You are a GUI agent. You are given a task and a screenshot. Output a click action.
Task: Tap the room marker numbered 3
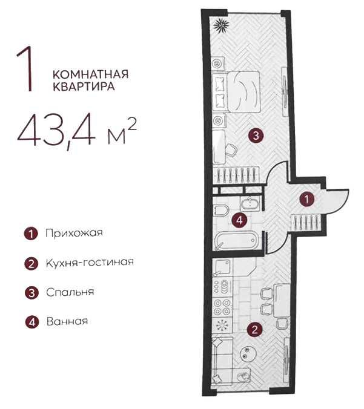[257, 136]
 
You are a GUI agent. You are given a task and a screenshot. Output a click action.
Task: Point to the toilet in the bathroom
[222, 211]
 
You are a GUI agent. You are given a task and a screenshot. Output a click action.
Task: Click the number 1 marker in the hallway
[308, 198]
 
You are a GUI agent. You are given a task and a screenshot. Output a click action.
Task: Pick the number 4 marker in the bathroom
[240, 220]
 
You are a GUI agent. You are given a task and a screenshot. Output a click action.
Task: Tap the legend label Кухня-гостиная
[88, 263]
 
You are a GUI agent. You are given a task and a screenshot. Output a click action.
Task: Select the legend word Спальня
[70, 292]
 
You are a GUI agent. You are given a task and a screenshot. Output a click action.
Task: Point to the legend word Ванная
[67, 321]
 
